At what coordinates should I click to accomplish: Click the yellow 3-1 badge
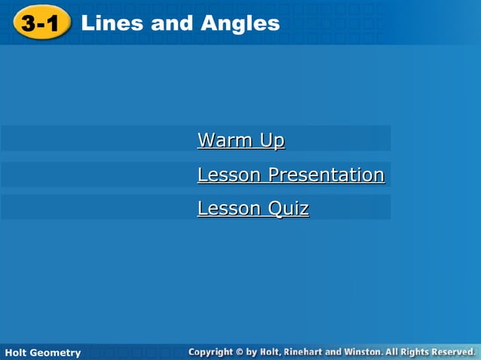pos(40,23)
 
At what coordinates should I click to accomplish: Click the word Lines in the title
pos(112,23)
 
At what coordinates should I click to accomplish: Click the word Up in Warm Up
pos(271,140)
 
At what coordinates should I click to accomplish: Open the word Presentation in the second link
pos(326,175)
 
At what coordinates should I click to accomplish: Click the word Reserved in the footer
pos(451,352)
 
